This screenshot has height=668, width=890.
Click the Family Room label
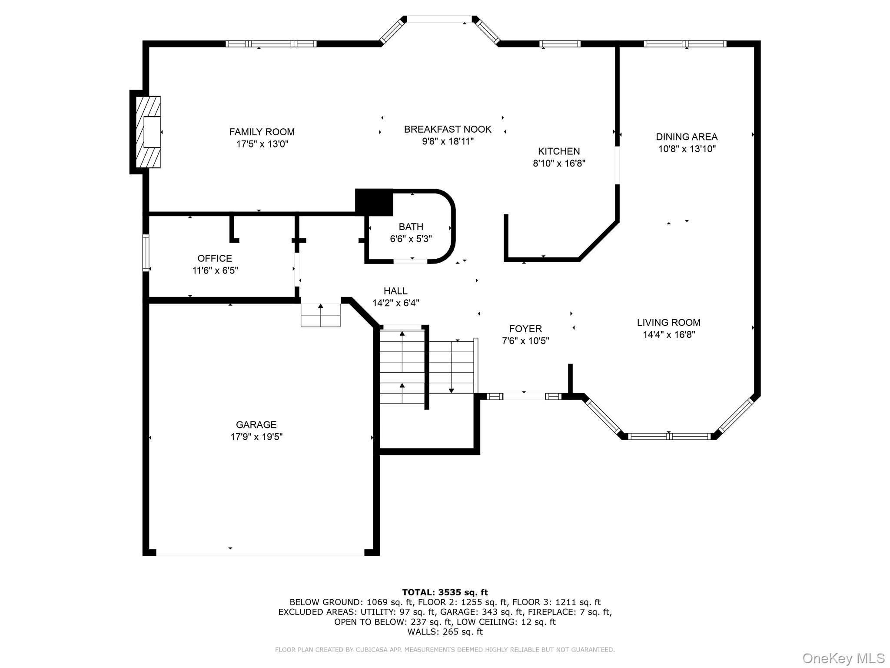point(262,132)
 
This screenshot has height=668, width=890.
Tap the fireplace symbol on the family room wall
point(148,132)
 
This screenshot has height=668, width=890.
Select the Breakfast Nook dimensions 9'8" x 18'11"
point(448,141)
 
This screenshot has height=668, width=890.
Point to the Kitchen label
point(559,151)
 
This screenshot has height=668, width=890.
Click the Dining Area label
point(687,137)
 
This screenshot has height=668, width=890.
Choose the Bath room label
point(411,227)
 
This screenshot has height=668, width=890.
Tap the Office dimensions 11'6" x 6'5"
point(215,271)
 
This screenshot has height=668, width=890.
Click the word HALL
point(395,291)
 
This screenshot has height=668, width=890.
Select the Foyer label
point(525,329)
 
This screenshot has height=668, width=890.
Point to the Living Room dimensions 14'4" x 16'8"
point(669,334)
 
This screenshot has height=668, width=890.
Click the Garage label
point(256,424)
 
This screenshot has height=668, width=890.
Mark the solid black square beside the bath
point(374,202)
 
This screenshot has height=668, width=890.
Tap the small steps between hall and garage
point(321,315)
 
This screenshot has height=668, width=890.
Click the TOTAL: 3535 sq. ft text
point(445,592)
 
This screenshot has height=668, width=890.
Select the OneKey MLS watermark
point(844,658)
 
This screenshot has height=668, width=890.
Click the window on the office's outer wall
point(146,253)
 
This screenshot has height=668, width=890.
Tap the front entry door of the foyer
point(524,396)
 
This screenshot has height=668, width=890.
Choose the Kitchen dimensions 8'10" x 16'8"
point(559,164)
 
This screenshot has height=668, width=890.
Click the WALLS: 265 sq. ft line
point(445,632)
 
